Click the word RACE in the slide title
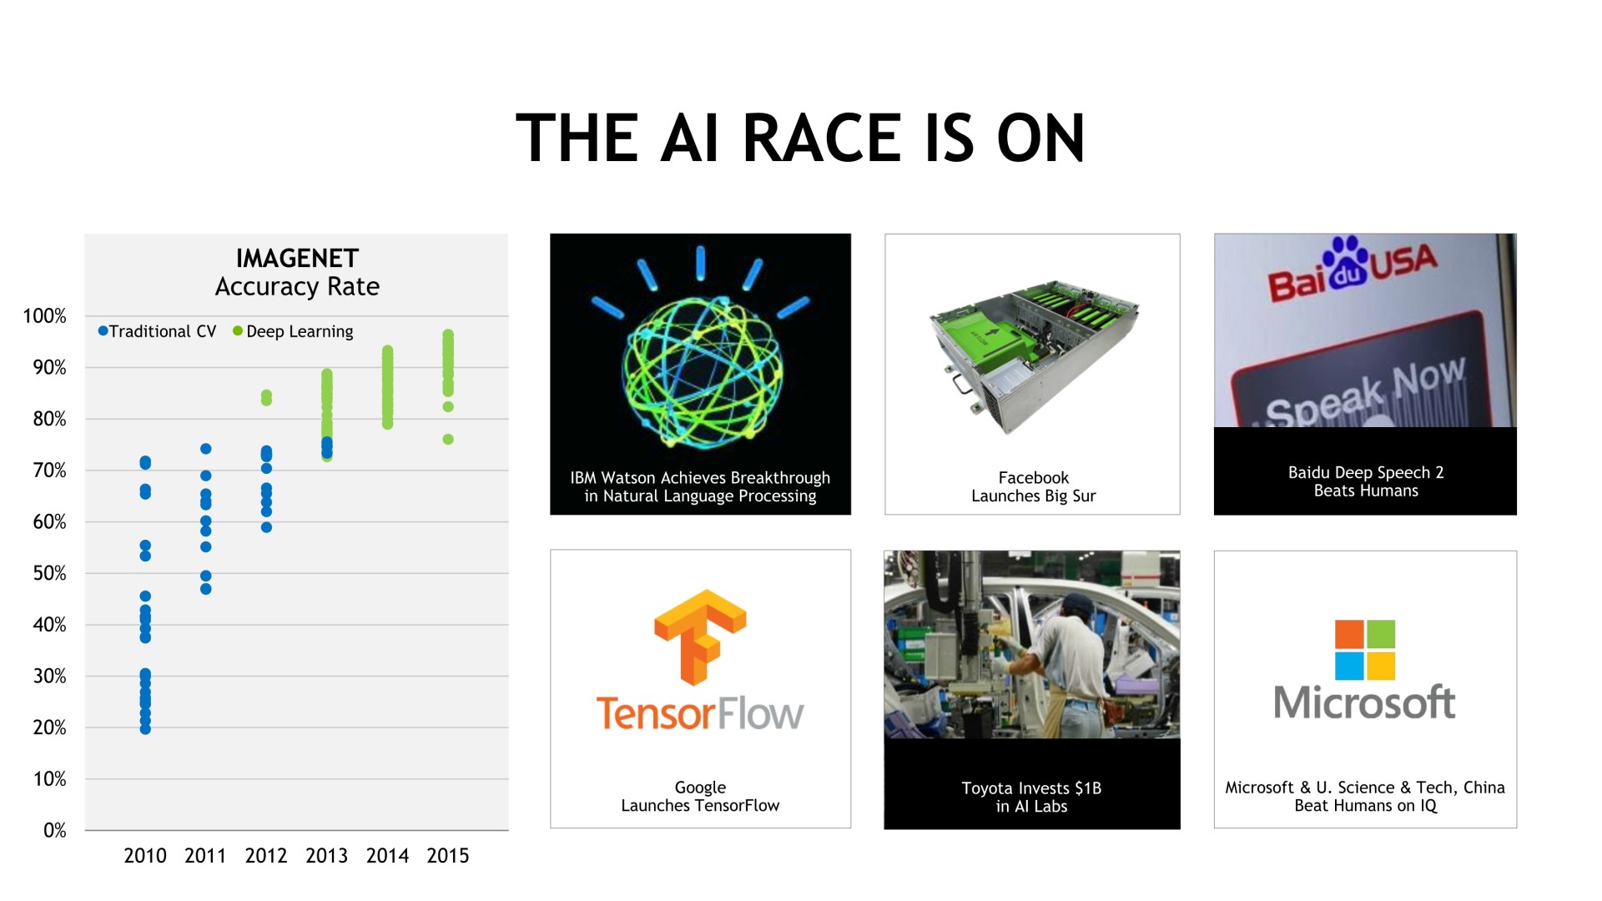[x=822, y=138]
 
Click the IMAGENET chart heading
[x=297, y=259]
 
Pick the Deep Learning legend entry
[x=293, y=331]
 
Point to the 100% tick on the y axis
[x=44, y=316]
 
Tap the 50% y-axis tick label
[x=49, y=573]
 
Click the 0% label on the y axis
[x=54, y=830]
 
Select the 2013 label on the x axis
[x=326, y=856]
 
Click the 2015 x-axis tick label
[x=448, y=856]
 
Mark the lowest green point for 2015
[x=448, y=440]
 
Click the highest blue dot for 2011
[x=206, y=449]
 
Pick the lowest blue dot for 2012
[x=266, y=527]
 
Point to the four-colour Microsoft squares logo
[x=1365, y=650]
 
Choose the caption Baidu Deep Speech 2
[x=1366, y=472]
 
